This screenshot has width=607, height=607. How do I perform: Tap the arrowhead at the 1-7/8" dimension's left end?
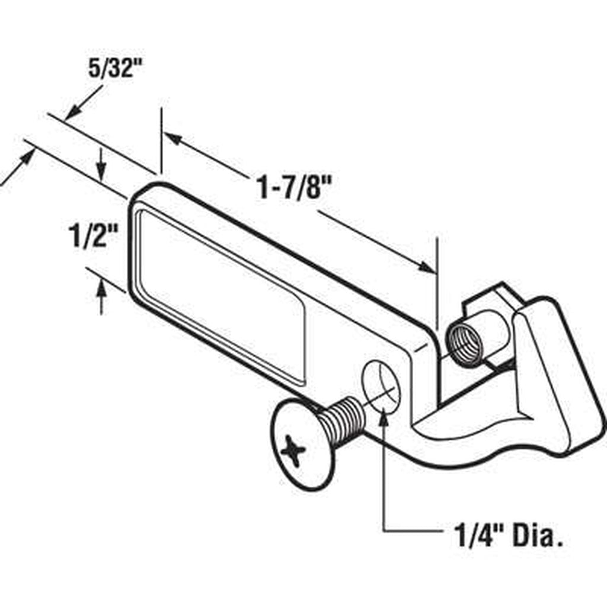tap(173, 139)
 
